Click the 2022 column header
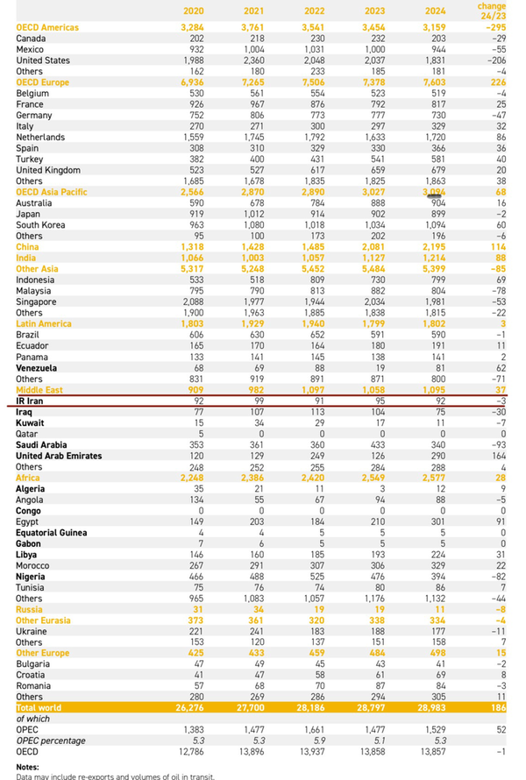click(312, 11)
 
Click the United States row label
click(44, 60)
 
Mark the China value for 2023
click(373, 246)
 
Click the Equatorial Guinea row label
click(54, 532)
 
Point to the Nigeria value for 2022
click(311, 576)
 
